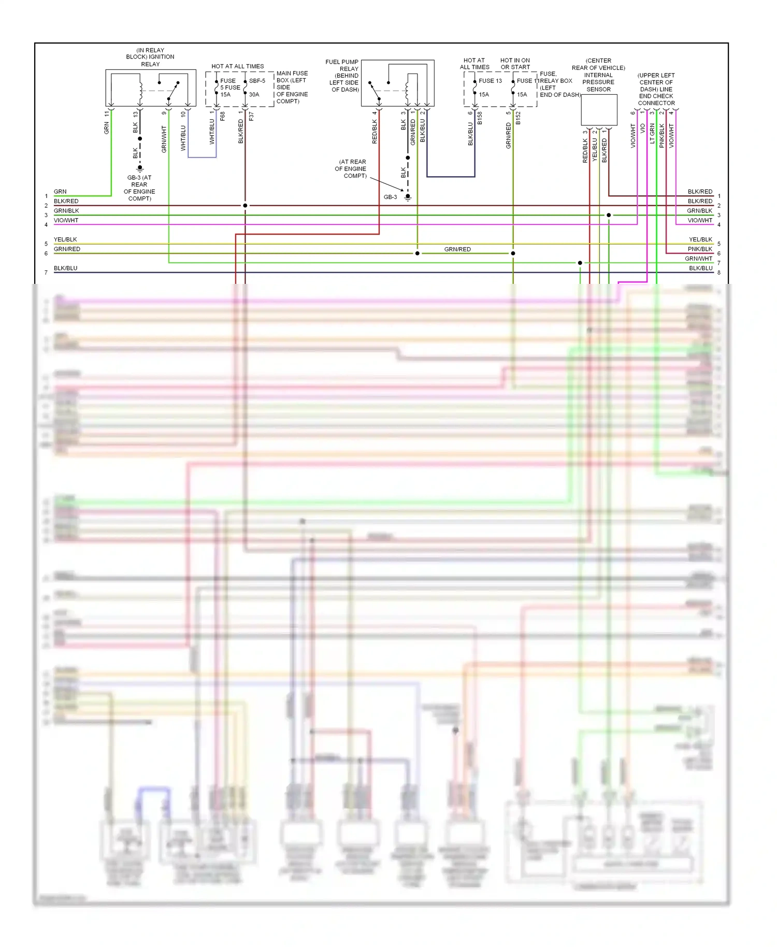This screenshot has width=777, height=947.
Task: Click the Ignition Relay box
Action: click(x=150, y=88)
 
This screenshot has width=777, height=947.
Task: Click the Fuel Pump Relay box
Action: click(x=397, y=83)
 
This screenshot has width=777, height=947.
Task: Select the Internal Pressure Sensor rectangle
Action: click(x=599, y=110)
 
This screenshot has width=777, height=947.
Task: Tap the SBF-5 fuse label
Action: click(x=257, y=81)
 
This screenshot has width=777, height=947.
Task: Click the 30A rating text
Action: click(x=254, y=95)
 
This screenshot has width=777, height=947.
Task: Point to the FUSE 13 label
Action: click(x=490, y=81)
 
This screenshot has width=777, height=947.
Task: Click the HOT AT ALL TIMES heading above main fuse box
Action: click(x=237, y=66)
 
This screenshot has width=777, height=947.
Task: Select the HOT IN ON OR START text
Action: click(x=515, y=64)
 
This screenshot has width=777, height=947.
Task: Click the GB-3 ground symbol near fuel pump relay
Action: click(x=408, y=197)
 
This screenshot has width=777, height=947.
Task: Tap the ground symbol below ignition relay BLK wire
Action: click(x=140, y=168)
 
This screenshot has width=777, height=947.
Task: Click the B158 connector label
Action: click(x=480, y=118)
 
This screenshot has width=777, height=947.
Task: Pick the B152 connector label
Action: click(x=518, y=118)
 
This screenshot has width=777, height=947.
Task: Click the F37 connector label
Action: click(x=251, y=117)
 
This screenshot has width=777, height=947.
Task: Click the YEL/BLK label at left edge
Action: click(x=65, y=239)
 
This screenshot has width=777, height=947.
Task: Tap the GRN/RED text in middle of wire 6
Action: click(x=457, y=249)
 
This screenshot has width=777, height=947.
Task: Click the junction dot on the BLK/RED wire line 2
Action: click(x=245, y=206)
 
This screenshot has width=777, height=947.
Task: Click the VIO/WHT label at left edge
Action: click(x=66, y=220)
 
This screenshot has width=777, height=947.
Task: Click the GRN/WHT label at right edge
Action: click(x=698, y=259)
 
